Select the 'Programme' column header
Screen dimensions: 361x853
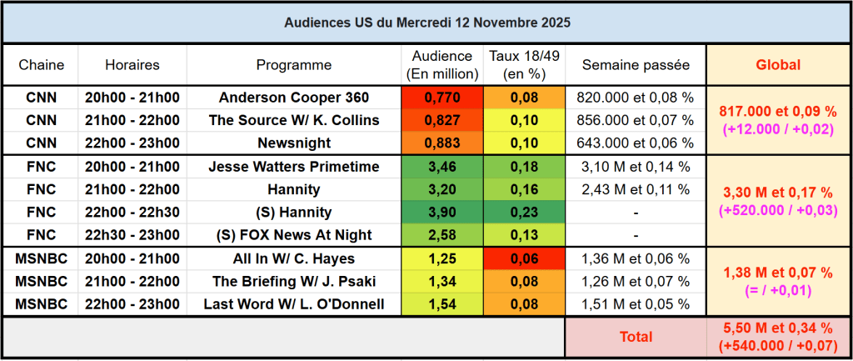tap(293, 64)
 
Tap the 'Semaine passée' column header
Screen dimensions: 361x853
tap(636, 64)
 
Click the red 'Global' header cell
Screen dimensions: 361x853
tap(777, 64)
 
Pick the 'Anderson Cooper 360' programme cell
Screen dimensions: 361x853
tap(293, 98)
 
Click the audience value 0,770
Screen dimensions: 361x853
tap(441, 98)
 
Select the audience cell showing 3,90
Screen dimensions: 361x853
tap(441, 212)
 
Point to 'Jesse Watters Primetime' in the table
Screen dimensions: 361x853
tap(293, 167)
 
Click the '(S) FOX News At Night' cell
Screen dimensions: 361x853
tap(293, 234)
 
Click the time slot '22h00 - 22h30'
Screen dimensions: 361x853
tap(132, 212)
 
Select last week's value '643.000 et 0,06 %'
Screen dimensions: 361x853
tap(635, 143)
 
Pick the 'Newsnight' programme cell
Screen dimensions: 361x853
tap(293, 143)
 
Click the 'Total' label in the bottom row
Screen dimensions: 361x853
tap(635, 337)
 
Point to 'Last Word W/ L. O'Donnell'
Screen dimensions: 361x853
tap(293, 304)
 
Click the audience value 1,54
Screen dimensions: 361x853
tap(441, 304)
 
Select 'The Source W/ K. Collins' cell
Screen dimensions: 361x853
tap(293, 120)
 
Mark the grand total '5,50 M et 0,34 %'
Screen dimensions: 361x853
tap(777, 329)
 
